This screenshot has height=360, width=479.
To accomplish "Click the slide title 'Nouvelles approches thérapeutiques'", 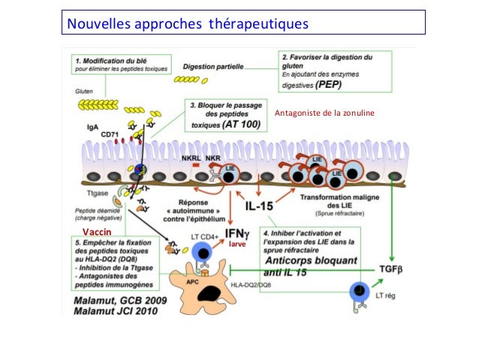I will pos(188,24).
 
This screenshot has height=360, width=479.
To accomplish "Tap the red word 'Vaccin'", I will pos(96,231).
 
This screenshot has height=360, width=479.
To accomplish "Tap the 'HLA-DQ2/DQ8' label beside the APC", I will pos(251,284).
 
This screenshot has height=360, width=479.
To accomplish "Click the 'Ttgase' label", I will pos(89,194).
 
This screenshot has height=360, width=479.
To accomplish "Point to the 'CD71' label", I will pos(110,135).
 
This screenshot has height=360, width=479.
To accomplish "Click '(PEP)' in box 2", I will pos(329,86).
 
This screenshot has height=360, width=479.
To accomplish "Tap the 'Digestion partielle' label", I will pos(213,66).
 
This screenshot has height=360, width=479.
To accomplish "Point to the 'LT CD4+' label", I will pos(203,237).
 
